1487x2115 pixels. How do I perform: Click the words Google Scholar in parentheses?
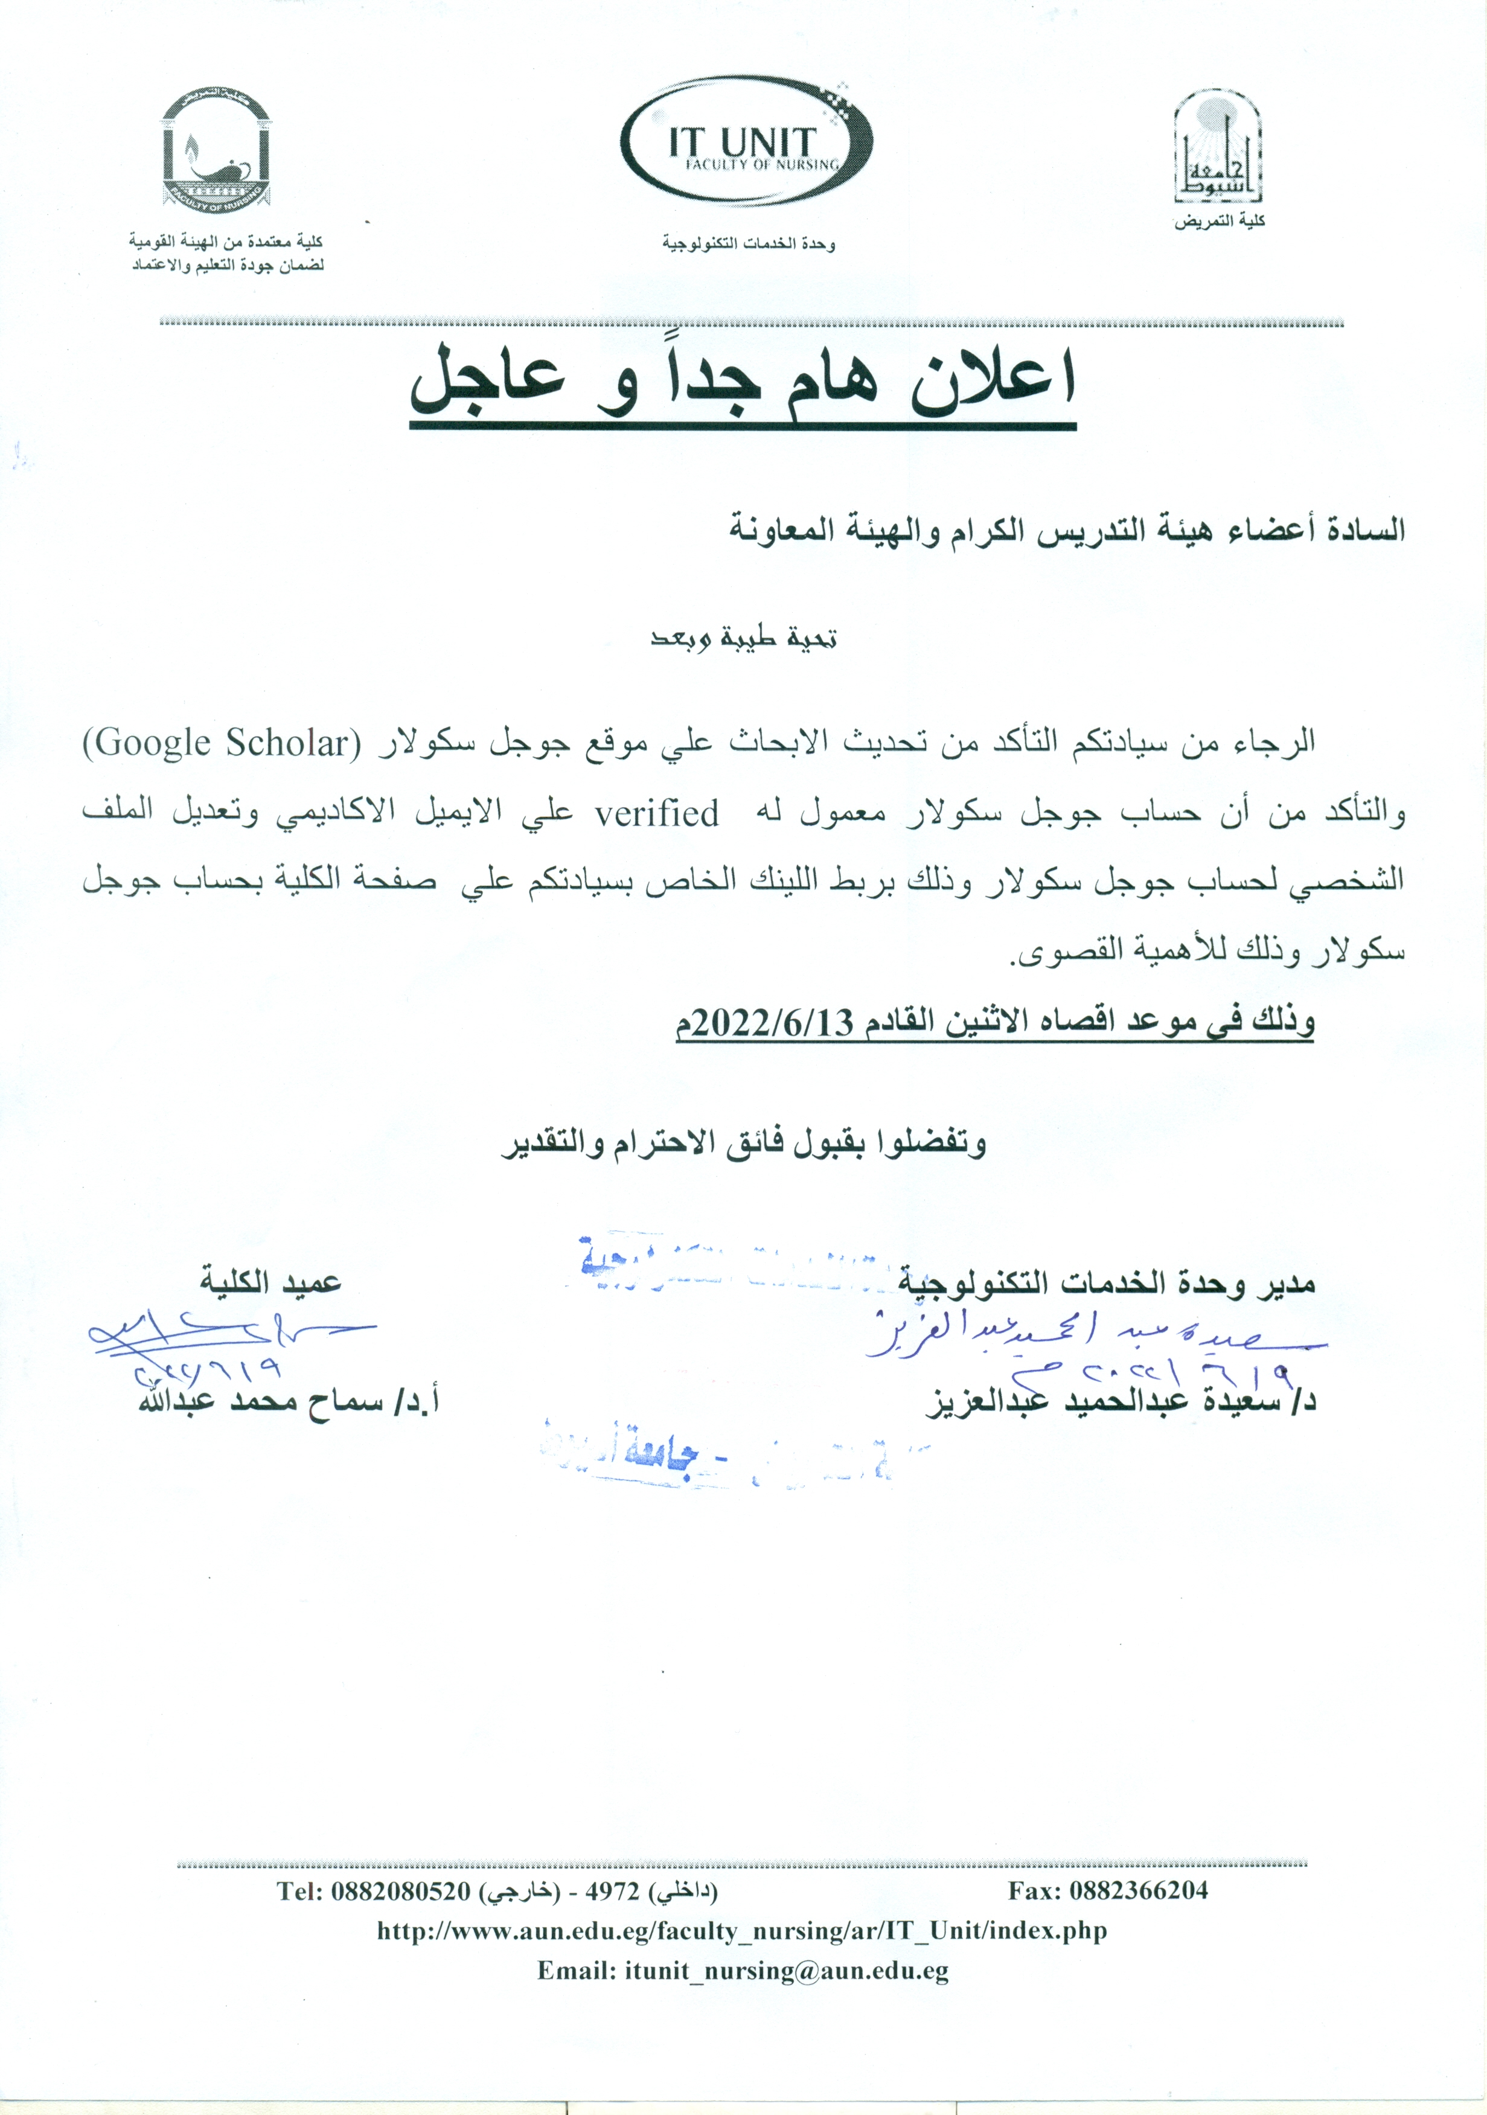coord(221,743)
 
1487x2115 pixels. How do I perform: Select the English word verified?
coord(657,813)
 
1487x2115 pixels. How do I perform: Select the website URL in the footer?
coord(741,1931)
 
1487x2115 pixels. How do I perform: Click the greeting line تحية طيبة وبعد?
coord(744,638)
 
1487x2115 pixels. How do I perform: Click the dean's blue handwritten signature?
coord(221,1335)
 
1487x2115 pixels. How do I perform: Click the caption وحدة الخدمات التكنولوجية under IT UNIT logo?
coord(748,244)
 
